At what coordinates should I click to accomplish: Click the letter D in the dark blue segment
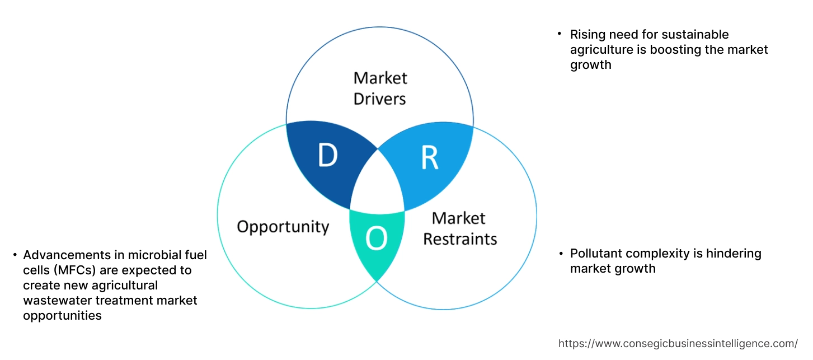327,156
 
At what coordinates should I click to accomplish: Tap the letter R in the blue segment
429,159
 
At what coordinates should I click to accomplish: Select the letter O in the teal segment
376,239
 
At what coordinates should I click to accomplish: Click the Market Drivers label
380,88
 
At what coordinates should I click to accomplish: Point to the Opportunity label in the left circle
283,227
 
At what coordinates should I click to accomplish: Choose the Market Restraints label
459,228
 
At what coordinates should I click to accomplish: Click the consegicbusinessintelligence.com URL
678,344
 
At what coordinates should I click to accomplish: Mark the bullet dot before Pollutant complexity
561,254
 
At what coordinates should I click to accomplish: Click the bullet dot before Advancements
15,255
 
